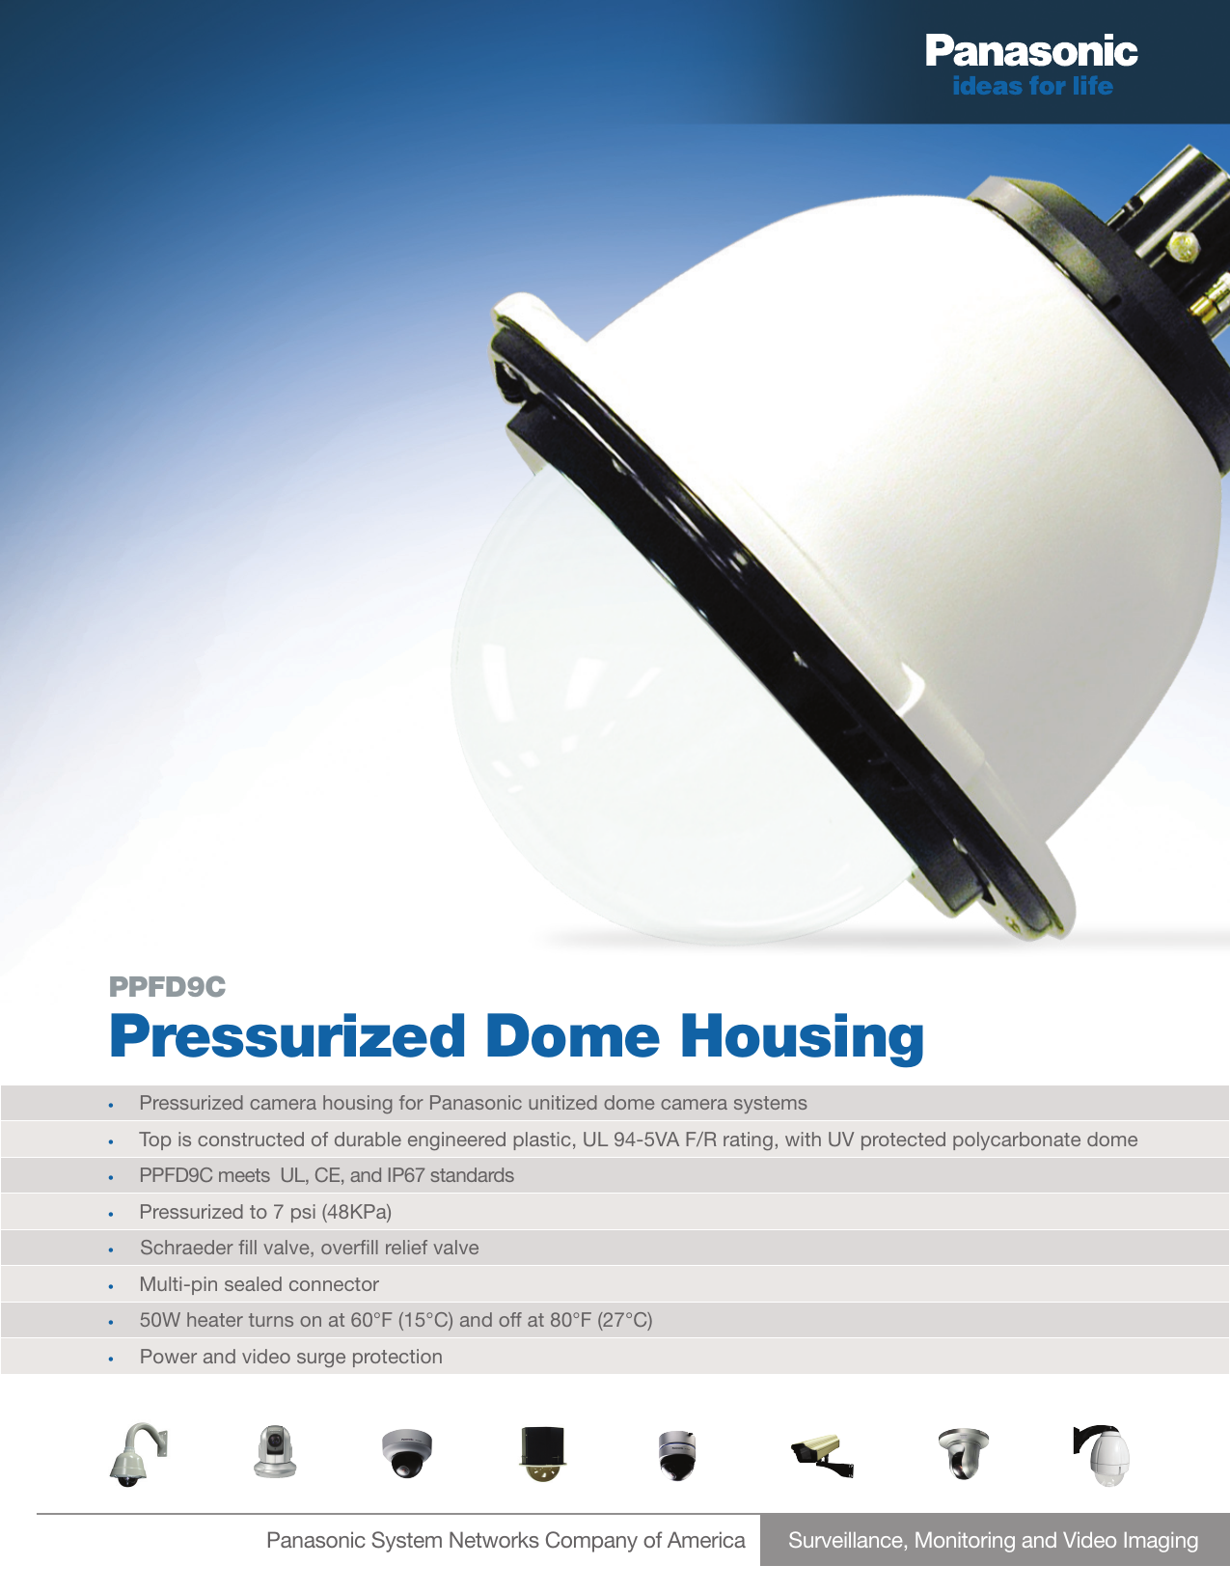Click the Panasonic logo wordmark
[1030, 50]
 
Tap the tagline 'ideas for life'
[1032, 87]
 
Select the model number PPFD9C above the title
[167, 987]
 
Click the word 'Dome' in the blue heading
[572, 1036]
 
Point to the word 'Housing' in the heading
[802, 1038]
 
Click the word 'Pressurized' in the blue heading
[287, 1036]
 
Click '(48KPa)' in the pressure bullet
[356, 1212]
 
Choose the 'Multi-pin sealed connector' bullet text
[259, 1284]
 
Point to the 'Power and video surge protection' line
[291, 1357]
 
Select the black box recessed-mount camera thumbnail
[542, 1454]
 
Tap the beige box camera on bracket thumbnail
[822, 1455]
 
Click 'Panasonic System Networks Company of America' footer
[506, 1540]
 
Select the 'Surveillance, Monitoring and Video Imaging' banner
[994, 1540]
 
